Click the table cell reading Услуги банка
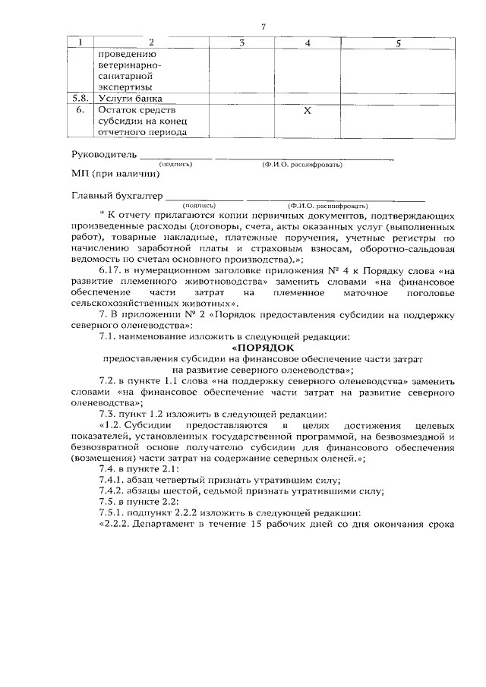[x=124, y=98]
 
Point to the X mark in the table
[x=307, y=111]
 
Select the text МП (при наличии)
[x=115, y=174]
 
